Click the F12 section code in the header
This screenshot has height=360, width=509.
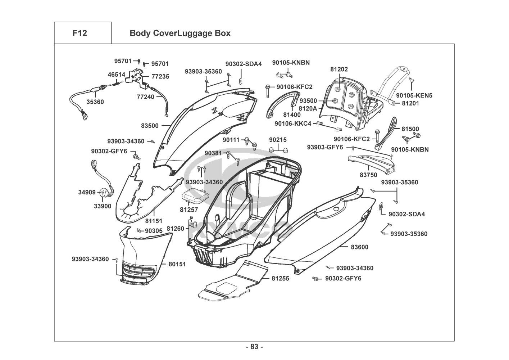coord(79,33)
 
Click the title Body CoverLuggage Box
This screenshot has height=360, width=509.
coord(180,33)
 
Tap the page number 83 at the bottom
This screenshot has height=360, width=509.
coord(254,347)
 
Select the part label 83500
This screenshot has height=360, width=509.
coord(150,126)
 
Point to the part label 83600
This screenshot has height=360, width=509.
coord(359,247)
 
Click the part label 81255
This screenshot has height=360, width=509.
coord(280,279)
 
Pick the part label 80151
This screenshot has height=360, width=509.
coord(177,264)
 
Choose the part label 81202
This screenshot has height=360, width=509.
coord(339,69)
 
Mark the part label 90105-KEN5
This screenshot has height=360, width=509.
coord(414,96)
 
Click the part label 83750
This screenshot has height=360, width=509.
coord(368,175)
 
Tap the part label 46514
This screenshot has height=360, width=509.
coord(117,75)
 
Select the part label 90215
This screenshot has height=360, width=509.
coord(278,140)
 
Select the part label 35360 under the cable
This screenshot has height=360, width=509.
coord(95,102)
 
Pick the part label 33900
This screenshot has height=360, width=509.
coord(103,206)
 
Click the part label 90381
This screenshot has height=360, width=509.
coord(213,153)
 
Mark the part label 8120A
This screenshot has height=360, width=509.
coord(308,108)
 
